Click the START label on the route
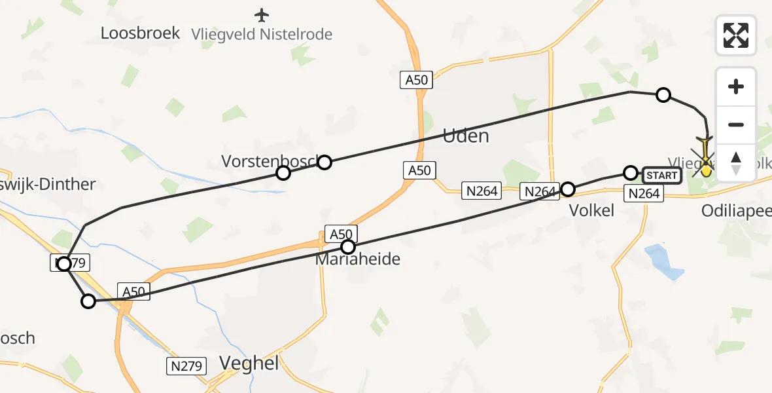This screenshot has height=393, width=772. (x=662, y=175)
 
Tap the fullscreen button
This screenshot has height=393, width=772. (x=736, y=35)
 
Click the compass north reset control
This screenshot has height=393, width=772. (x=736, y=163)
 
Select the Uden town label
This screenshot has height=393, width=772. (x=466, y=136)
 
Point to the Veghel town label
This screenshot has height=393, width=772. (x=249, y=364)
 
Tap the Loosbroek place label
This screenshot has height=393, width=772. (x=140, y=33)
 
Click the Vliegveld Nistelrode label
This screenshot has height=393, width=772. (x=262, y=34)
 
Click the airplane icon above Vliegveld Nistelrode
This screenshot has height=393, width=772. (x=262, y=14)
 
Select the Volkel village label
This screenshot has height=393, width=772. (x=591, y=210)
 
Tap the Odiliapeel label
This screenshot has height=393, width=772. (x=736, y=211)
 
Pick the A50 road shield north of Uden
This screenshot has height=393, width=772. (x=415, y=81)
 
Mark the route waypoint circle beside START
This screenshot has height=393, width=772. (x=630, y=173)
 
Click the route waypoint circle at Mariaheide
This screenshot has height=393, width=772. (x=348, y=247)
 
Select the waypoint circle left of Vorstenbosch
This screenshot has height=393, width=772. (x=283, y=173)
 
